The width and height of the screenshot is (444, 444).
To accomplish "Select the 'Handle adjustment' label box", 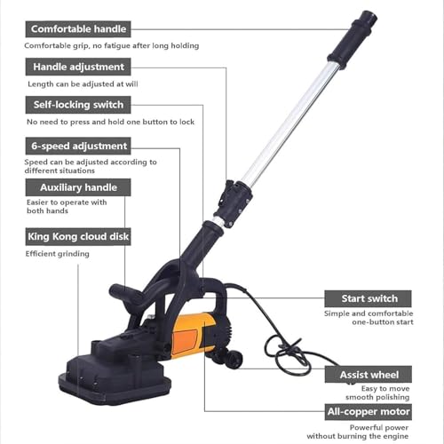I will point(77,67).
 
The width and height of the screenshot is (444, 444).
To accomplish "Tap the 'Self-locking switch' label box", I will point(77,106).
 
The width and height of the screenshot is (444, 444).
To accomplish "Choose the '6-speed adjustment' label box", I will point(77,146).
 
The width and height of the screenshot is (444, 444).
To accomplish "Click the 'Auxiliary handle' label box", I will point(77,187).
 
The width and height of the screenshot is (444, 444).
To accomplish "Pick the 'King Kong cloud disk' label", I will point(77,236).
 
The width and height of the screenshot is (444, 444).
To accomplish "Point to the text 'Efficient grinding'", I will point(57,254).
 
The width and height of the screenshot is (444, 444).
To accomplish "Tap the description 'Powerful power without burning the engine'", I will point(371,431).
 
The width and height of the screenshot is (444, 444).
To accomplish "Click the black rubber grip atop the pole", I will point(353,37).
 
